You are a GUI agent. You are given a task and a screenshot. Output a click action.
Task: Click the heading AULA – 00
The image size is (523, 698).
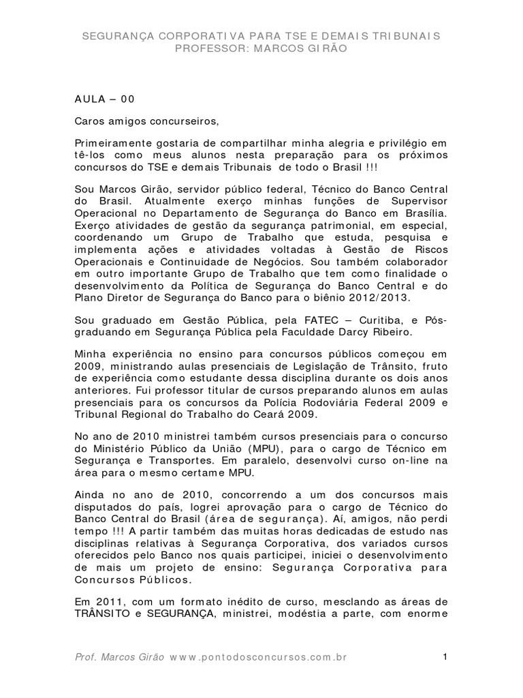tap(105, 98)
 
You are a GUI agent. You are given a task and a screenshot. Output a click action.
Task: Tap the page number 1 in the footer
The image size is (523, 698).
tap(444, 657)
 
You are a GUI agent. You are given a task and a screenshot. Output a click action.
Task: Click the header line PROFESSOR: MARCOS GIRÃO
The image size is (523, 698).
tap(261, 48)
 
